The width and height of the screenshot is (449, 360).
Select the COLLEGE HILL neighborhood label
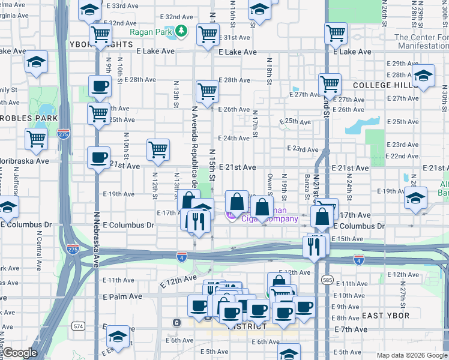(385, 85)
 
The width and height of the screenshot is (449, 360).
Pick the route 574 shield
(77, 326)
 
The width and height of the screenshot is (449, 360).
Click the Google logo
(20, 353)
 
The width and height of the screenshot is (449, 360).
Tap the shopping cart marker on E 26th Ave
(207, 92)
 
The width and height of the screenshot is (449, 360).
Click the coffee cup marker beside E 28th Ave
(100, 85)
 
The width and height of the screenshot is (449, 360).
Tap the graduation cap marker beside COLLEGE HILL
(423, 76)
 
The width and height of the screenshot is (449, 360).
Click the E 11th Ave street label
(118, 280)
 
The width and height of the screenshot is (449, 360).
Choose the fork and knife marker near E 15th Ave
(314, 245)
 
